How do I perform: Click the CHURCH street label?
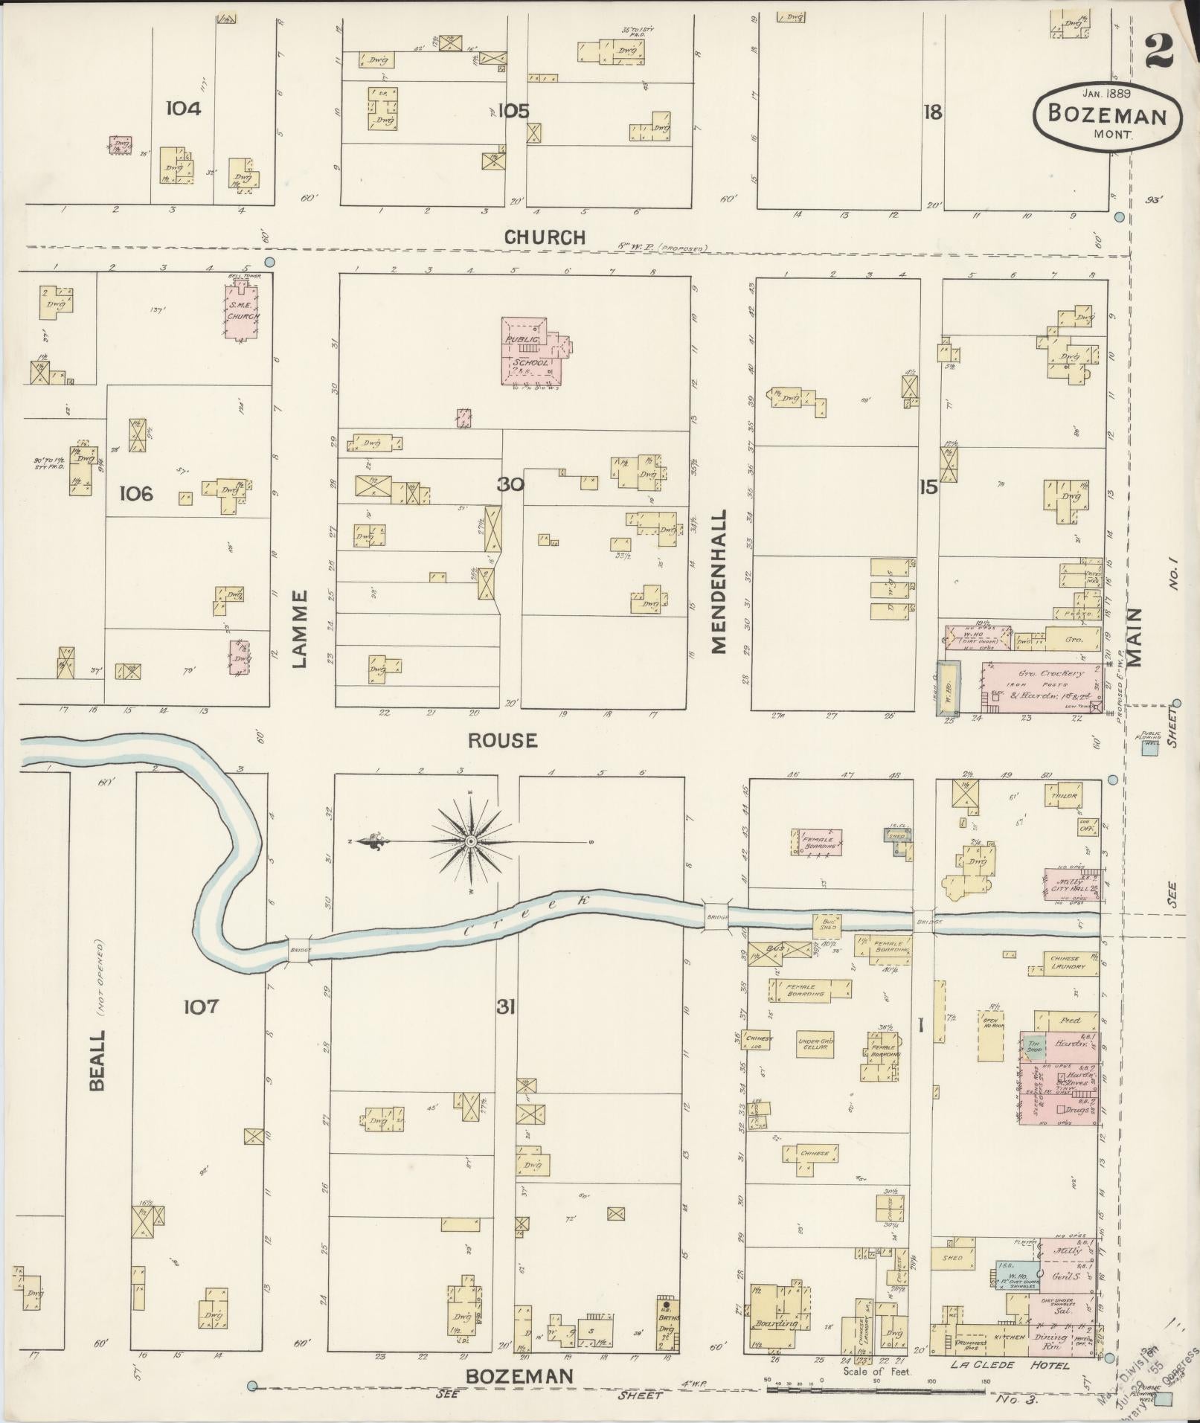coord(545,237)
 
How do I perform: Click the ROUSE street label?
coord(502,740)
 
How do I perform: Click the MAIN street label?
coord(1134,637)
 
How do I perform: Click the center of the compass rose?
coord(470,841)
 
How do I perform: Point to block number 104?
coord(183,109)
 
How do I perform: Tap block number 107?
coord(202,1006)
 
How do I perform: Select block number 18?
coord(932,112)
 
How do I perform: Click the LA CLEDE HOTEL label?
coord(1010,1365)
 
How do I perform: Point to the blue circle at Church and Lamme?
coord(270,262)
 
